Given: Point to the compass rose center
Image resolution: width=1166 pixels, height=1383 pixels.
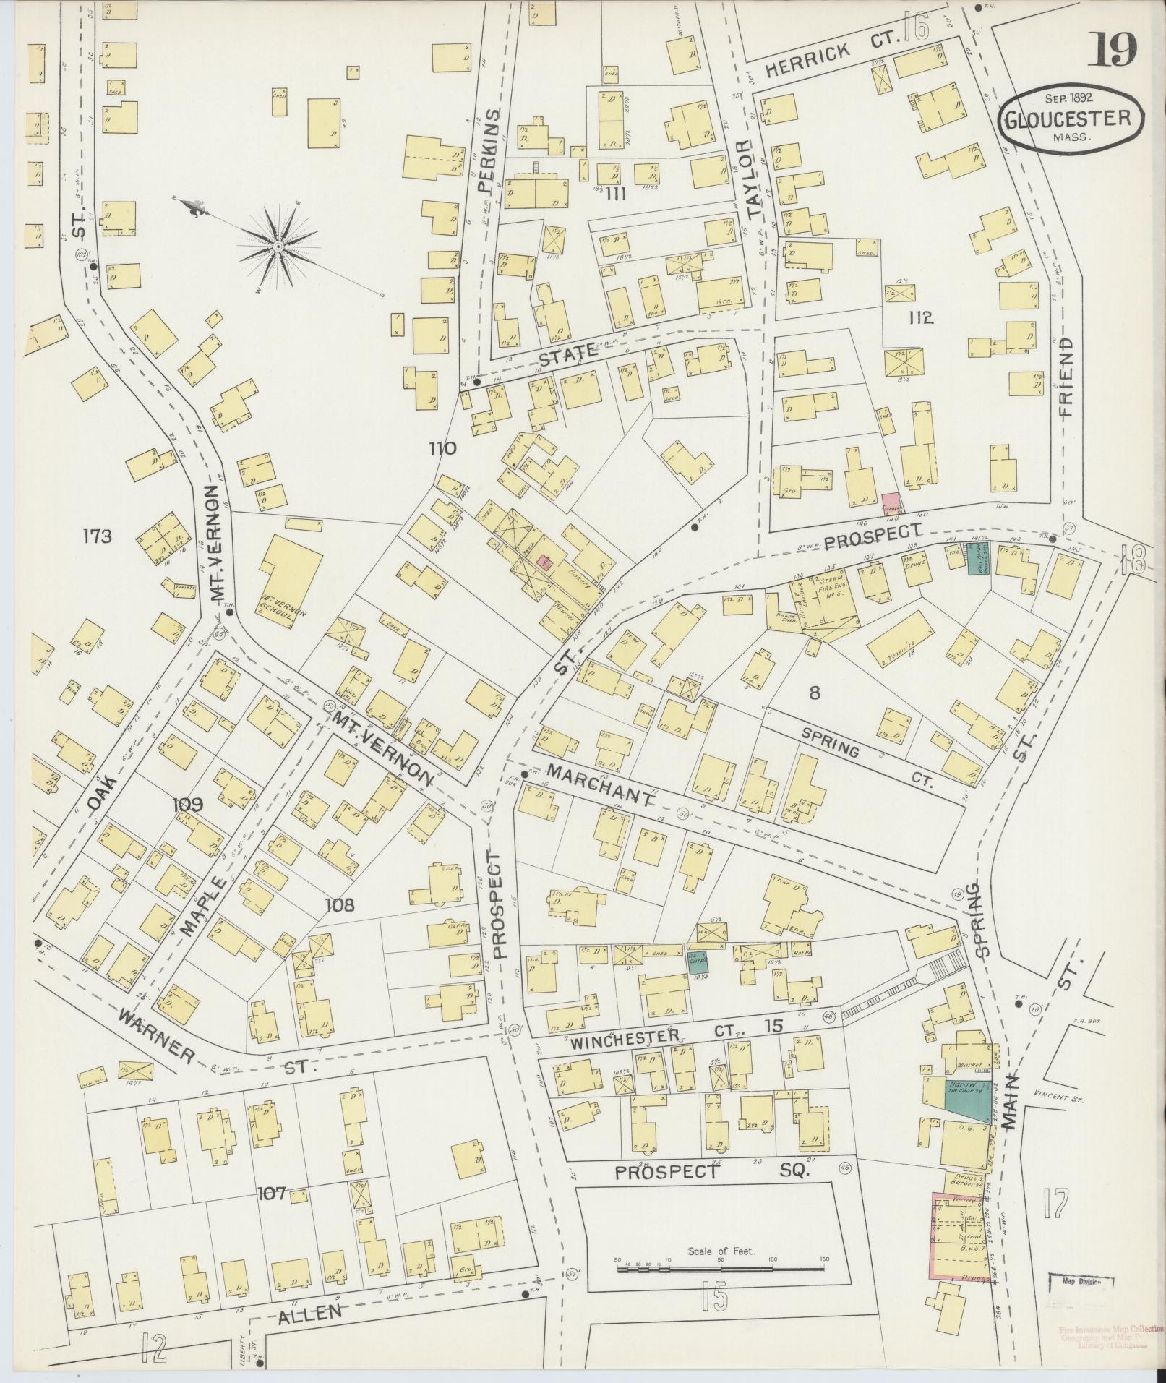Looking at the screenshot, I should (x=278, y=247).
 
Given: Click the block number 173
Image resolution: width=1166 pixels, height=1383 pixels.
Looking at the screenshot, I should (x=98, y=536).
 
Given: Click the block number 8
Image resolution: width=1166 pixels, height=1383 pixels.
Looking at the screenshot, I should (x=815, y=693).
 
